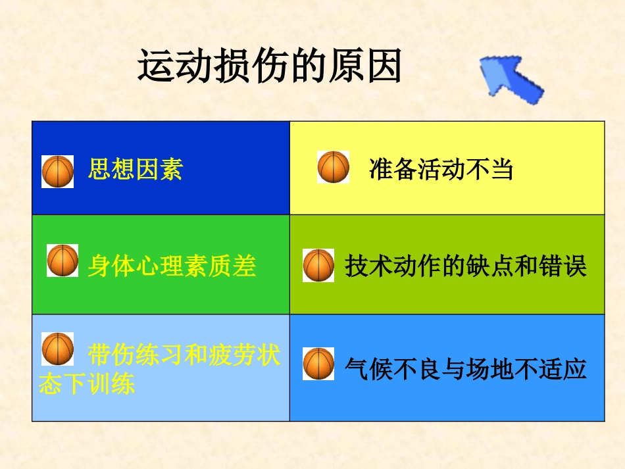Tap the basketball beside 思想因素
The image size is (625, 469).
coord(58,172)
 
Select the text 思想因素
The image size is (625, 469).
coord(135,170)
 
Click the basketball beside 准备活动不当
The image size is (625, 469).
coord(334,167)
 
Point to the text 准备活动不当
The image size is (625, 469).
coord(441,170)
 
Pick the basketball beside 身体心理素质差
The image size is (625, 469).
coord(63,260)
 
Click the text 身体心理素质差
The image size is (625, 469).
coord(172,266)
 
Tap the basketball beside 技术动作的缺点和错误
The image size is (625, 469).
coord(318,266)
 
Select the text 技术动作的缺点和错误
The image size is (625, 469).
coord(465,266)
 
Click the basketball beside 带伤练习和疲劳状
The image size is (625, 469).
coord(58,349)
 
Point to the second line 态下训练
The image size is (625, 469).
coord(87,384)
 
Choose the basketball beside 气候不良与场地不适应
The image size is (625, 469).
coord(318,364)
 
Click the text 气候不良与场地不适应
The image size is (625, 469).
coord(465,369)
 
